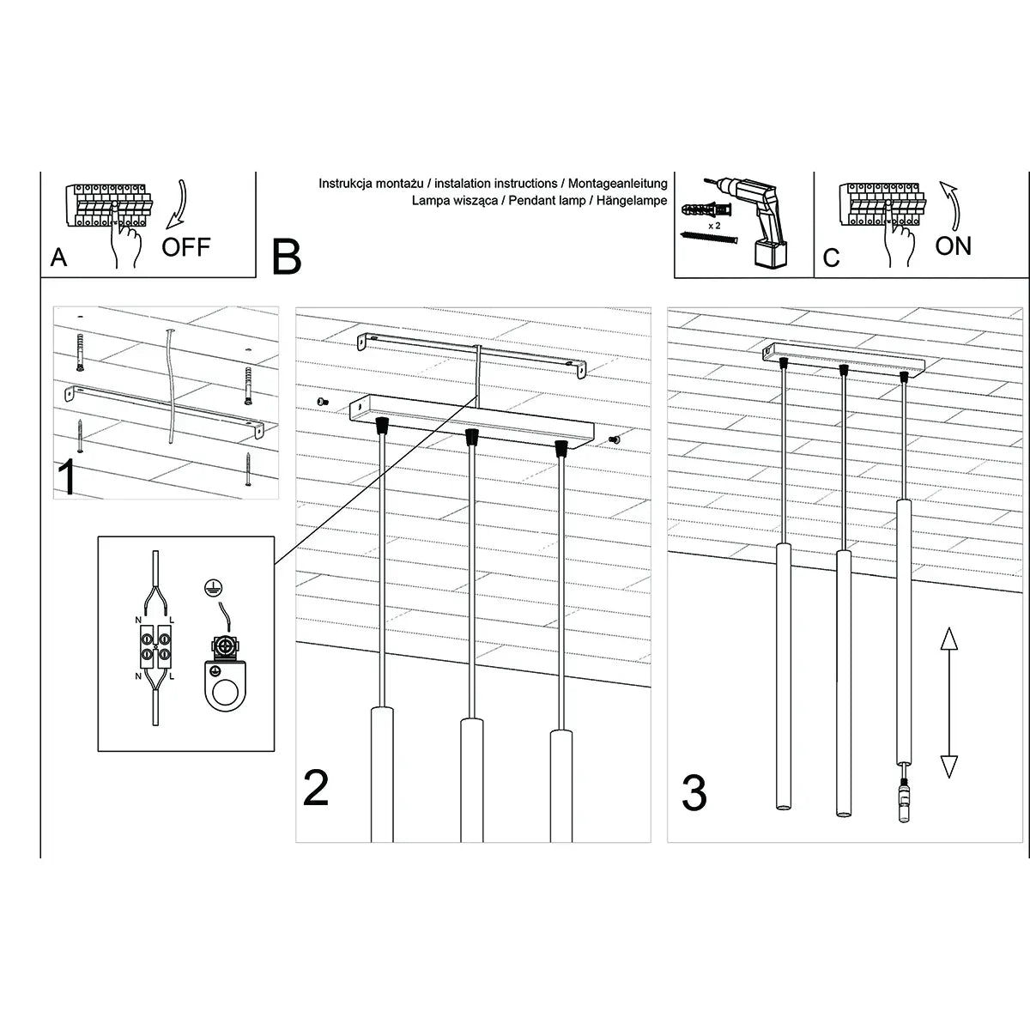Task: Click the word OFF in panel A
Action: click(185, 247)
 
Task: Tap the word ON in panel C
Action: click(953, 246)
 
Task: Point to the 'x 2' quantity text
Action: click(713, 224)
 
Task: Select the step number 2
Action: click(316, 788)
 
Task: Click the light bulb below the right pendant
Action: click(904, 800)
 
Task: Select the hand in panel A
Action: click(126, 245)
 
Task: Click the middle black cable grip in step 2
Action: click(470, 436)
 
